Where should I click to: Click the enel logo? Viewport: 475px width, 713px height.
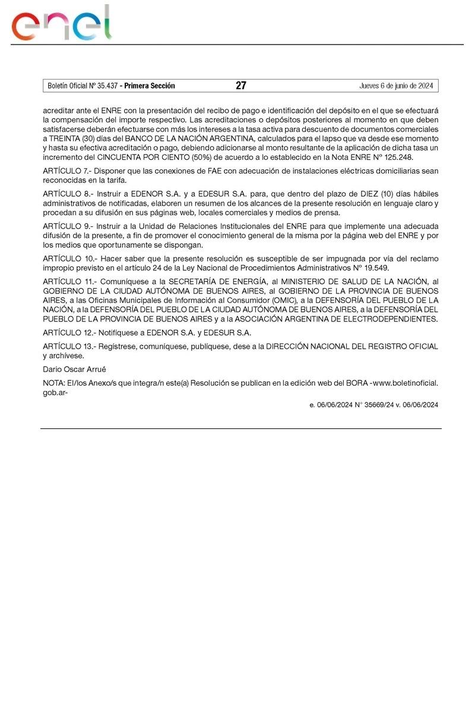click(62, 24)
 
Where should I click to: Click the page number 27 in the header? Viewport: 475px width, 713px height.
click(240, 86)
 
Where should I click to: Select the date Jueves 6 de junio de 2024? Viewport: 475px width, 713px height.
click(396, 86)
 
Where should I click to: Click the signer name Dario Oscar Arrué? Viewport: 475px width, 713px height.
click(74, 369)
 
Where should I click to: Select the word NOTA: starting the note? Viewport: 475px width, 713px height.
click(54, 383)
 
